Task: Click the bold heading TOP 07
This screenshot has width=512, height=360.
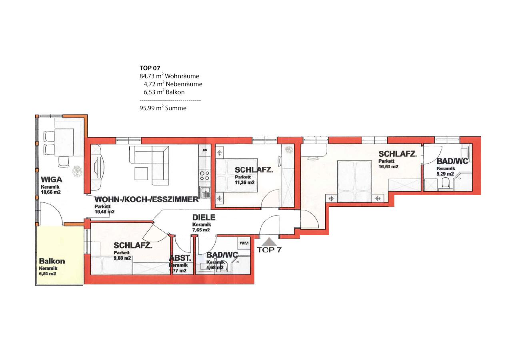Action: tap(150, 68)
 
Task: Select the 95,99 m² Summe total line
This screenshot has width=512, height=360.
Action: tap(163, 108)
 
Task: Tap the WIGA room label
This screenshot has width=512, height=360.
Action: tap(52, 180)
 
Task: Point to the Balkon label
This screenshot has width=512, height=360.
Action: tap(52, 261)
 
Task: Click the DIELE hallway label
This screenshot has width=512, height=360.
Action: tap(204, 217)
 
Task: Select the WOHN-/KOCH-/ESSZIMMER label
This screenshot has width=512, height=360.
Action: tap(146, 199)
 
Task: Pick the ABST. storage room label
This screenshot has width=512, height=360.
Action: tap(180, 258)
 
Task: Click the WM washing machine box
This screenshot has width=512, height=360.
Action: tap(244, 243)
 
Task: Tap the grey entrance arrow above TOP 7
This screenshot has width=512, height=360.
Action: tap(270, 242)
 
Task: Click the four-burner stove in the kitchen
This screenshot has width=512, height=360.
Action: tap(204, 175)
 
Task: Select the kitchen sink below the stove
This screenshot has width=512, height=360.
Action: tap(205, 192)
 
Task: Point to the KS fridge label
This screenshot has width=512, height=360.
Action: tap(205, 150)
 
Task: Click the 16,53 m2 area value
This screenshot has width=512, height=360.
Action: tap(388, 166)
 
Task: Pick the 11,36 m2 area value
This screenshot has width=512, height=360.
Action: tap(244, 182)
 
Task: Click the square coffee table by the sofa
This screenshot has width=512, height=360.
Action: tap(141, 174)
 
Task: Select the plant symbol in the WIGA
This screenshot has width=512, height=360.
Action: tap(77, 171)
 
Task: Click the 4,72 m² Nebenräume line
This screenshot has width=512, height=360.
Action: tap(173, 84)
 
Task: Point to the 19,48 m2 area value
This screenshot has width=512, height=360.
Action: tap(104, 212)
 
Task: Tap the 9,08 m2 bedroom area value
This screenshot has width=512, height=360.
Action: tap(122, 258)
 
